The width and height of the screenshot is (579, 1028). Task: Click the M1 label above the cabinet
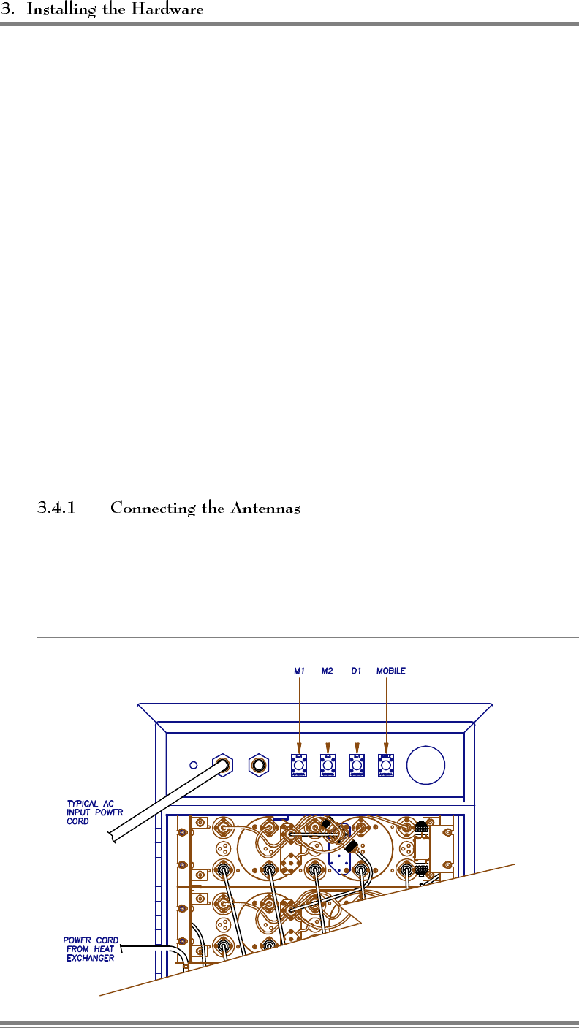(x=300, y=670)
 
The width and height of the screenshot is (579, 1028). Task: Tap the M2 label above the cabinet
(x=328, y=670)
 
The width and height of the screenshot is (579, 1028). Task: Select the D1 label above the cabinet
(x=357, y=670)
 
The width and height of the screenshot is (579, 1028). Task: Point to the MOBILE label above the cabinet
(x=390, y=670)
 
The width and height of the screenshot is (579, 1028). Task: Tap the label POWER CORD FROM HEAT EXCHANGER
(x=89, y=948)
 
